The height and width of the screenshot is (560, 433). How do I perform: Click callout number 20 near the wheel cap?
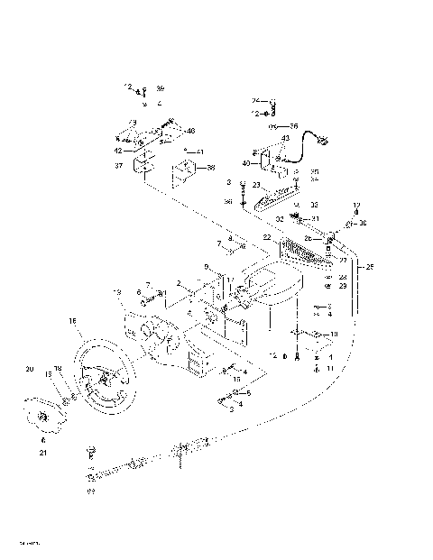coord(29,370)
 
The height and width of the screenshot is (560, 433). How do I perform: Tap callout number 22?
coord(267,236)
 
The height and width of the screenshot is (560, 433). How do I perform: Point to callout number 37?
coord(117,166)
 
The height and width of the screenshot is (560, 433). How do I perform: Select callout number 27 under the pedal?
coord(343,260)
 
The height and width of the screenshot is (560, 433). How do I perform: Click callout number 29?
coord(343,285)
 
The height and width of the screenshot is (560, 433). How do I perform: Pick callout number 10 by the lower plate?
coord(334,334)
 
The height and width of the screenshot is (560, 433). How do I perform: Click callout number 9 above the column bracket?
coord(207,266)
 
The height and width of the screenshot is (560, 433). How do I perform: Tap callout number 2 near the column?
coord(179,284)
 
